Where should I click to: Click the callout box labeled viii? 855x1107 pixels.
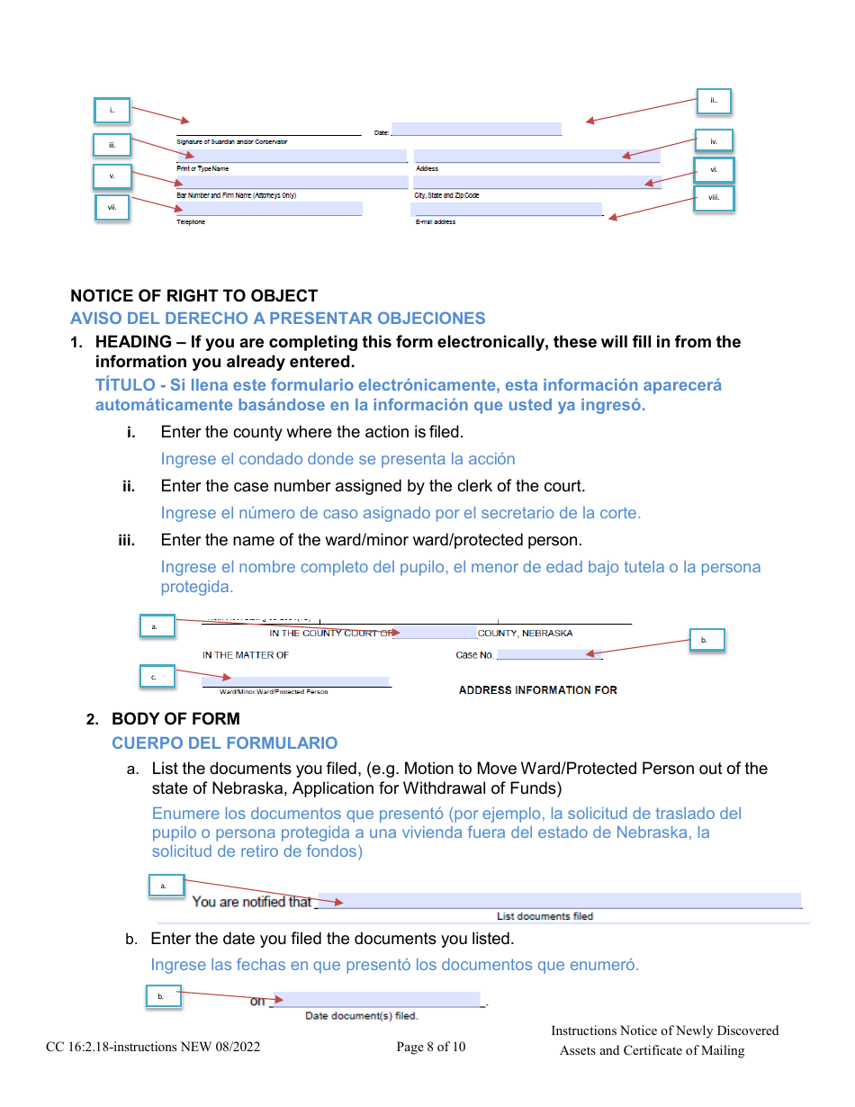714,198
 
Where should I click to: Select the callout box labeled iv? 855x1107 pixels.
714,141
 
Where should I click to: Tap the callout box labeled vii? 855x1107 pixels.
112,208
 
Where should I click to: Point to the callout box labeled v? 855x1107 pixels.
112,176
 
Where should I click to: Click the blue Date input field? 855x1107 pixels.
476,130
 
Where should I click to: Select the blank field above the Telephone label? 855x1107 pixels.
269,209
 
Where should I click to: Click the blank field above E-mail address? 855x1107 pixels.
507,210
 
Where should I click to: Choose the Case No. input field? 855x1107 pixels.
549,654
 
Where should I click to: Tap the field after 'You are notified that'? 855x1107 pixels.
559,901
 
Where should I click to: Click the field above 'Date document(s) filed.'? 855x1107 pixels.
377,1000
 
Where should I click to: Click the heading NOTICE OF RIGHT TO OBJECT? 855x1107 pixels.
194,296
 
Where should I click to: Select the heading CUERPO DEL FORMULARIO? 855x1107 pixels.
225,743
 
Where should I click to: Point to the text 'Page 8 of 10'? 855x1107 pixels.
431,1047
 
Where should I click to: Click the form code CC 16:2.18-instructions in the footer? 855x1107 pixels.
153,1047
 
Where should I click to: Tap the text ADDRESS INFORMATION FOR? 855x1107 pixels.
538,690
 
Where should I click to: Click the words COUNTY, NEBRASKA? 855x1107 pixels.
525,634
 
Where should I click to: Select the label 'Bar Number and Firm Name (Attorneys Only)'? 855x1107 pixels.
236,195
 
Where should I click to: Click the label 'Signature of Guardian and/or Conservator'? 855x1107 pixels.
232,142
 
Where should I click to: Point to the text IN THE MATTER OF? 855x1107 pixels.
246,655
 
